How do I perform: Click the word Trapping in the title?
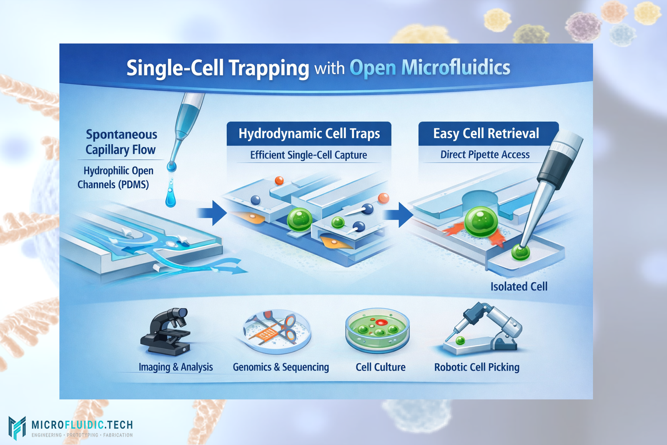(268, 68)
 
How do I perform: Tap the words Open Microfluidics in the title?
(430, 68)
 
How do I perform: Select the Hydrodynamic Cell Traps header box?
(309, 133)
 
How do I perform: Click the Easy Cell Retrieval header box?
(486, 133)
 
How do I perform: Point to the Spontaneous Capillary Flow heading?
(121, 142)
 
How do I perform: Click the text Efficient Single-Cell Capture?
(308, 155)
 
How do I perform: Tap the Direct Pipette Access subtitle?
(485, 155)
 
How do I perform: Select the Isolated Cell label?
(519, 287)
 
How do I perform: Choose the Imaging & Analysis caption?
(176, 367)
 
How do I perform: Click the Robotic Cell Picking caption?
(476, 367)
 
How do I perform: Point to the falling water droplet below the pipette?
(171, 196)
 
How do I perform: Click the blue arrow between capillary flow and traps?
(211, 213)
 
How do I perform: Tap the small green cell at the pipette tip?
(520, 252)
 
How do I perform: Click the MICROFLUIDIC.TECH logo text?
(82, 425)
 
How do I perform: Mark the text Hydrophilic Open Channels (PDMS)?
(115, 177)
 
